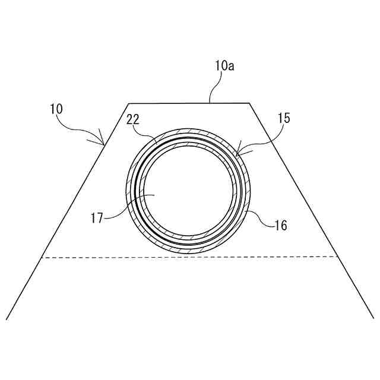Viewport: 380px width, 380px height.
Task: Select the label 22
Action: [133, 120]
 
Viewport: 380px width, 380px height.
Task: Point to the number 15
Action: [284, 118]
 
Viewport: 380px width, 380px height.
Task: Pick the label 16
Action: [280, 225]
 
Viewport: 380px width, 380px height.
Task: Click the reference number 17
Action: [98, 218]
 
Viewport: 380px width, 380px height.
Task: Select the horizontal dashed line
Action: [190, 257]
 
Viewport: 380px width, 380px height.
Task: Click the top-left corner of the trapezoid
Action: [129, 104]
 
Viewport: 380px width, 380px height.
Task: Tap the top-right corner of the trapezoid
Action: [249, 103]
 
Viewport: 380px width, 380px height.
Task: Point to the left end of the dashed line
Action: [41, 258]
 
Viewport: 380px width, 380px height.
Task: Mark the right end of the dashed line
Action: [338, 256]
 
